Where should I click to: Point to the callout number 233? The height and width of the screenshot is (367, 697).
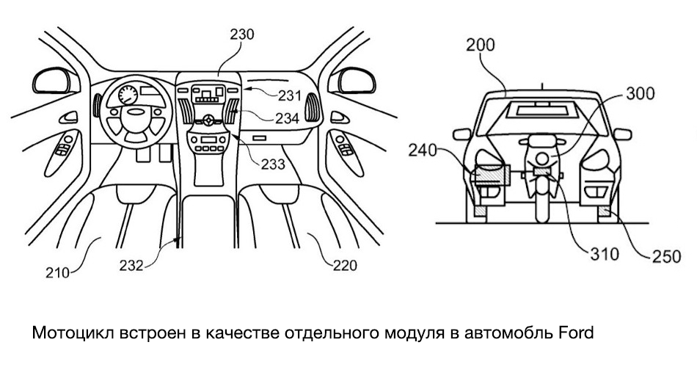point(273,164)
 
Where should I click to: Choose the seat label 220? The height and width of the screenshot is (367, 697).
point(343,266)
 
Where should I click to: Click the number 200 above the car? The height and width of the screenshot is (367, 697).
point(481,45)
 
